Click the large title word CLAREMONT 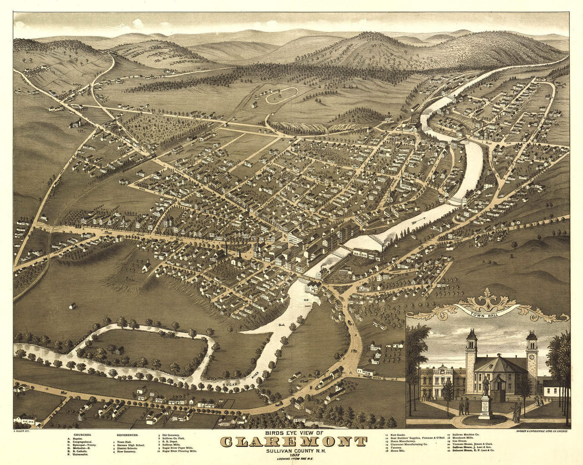(293, 442)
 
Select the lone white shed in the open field (72, 306)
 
